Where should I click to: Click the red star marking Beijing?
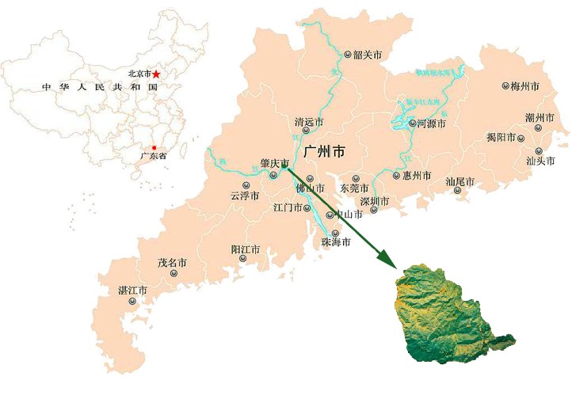coord(157,74)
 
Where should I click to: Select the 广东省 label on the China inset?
coord(153,157)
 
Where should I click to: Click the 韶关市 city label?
coord(368,55)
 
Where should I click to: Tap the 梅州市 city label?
coord(524,85)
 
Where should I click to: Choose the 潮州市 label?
coord(539,118)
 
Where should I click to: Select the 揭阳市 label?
coord(501,137)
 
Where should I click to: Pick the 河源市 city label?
coord(432,123)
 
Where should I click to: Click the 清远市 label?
coord(309,123)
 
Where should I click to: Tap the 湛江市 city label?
coord(132,290)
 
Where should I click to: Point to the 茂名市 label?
coord(172,262)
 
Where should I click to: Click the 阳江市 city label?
coord(246,249)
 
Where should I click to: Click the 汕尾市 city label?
coord(460,182)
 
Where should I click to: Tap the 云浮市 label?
coord(245,195)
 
